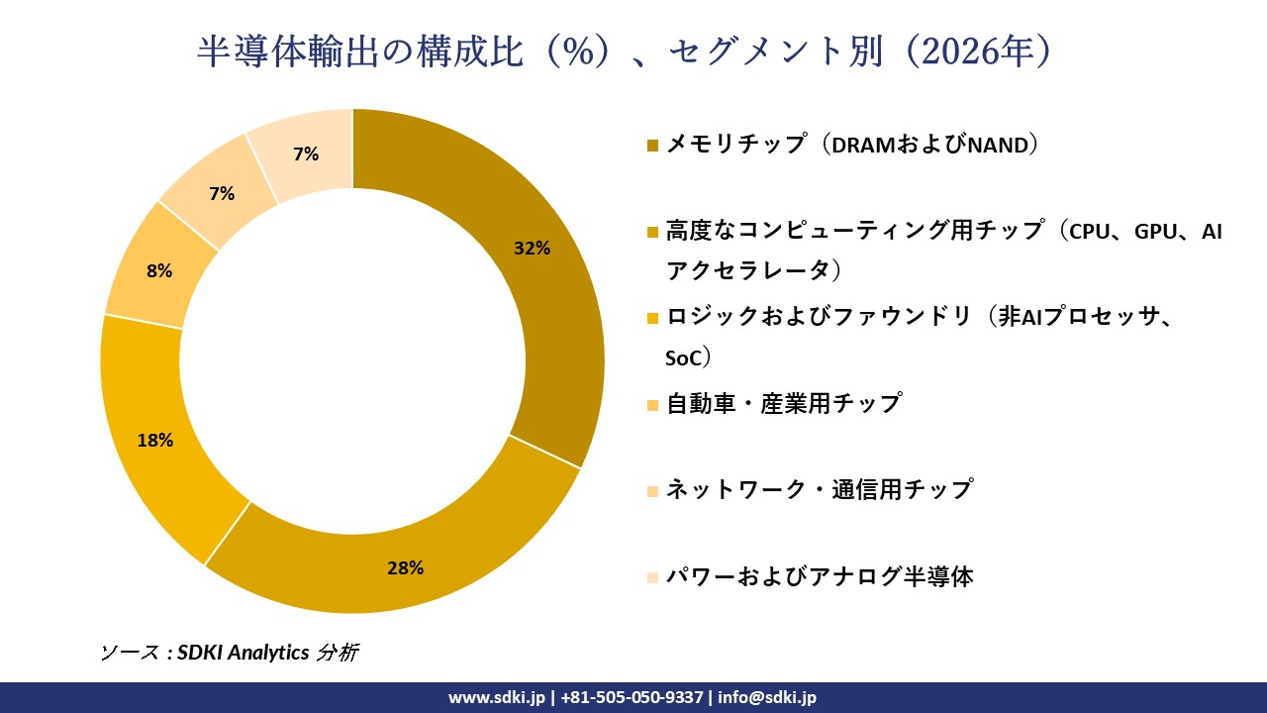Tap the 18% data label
coord(155,441)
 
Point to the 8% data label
coord(159,270)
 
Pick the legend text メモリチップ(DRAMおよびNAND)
coord(851,145)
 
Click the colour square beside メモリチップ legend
coord(652,147)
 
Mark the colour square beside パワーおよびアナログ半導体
coord(652,577)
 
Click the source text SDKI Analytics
coord(244,653)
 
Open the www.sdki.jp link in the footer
coord(497,697)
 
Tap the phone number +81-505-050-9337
coord(633,697)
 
